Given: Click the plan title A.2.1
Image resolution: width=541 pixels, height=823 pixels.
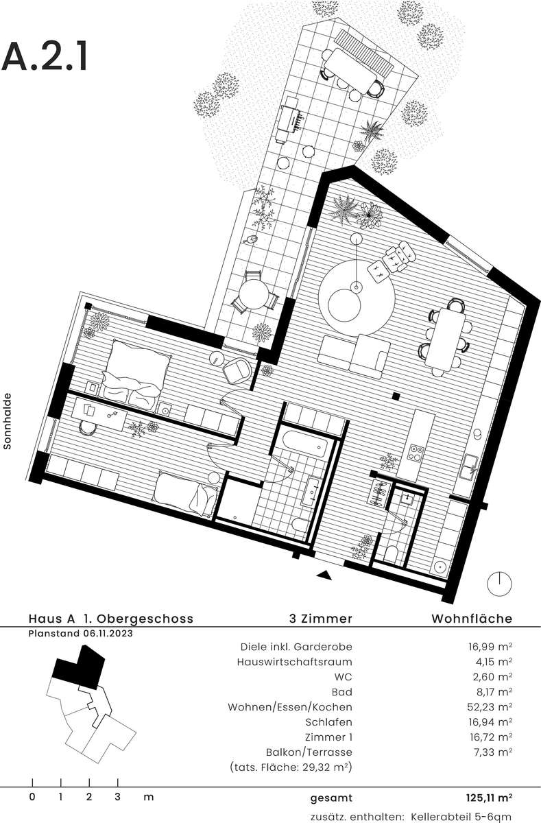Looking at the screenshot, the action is coord(45,58).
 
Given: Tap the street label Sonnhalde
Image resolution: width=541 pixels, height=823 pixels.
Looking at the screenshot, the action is coord(8,421).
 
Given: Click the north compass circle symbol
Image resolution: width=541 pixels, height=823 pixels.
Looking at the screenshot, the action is coord(499,584).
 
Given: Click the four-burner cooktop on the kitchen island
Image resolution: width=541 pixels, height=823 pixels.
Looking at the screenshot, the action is coord(417,453).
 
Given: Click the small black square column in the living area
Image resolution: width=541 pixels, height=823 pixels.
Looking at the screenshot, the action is coord(396,396).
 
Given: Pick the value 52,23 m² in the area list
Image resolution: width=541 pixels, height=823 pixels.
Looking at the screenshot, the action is coord(490,707).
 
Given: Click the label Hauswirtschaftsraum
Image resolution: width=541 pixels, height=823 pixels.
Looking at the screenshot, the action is coord(295,662).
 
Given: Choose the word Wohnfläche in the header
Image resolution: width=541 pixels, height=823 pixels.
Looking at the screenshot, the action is coord(472,619).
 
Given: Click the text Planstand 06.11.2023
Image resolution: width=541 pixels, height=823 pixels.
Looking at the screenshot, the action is coord(81,634).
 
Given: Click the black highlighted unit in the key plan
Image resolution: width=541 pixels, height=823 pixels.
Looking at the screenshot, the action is coord(79,665).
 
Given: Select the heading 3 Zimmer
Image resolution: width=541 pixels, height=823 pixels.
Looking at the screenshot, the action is coord(321,619).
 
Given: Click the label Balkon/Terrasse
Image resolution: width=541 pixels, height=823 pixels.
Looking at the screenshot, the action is coord(309,752).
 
